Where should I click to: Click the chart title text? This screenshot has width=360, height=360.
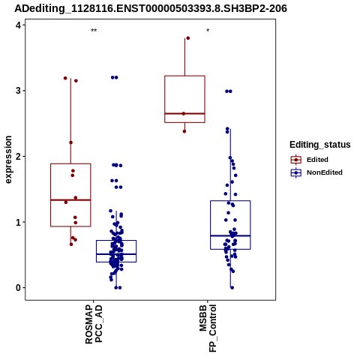(151, 9)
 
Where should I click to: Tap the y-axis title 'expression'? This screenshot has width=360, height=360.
(8, 160)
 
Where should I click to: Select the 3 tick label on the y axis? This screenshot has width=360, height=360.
(19, 91)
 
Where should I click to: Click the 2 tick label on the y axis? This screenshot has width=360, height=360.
(19, 156)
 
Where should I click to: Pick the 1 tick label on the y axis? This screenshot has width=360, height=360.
(19, 222)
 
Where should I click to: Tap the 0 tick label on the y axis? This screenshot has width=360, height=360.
(19, 288)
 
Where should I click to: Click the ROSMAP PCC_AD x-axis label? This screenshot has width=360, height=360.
(94, 324)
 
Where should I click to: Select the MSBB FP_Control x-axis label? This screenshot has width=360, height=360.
(208, 328)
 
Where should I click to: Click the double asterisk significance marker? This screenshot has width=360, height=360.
(94, 31)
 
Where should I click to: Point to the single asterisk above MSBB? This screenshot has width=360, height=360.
(208, 31)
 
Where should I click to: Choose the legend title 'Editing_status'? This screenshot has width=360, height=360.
(320, 145)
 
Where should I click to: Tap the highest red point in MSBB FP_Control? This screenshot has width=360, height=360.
(188, 38)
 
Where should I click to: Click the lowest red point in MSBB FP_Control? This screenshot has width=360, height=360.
(184, 131)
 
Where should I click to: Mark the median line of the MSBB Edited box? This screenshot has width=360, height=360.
(184, 113)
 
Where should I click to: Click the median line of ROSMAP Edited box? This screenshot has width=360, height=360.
(70, 200)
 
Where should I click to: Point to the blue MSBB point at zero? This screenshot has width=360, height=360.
(232, 288)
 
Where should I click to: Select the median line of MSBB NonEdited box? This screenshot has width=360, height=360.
(230, 235)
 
